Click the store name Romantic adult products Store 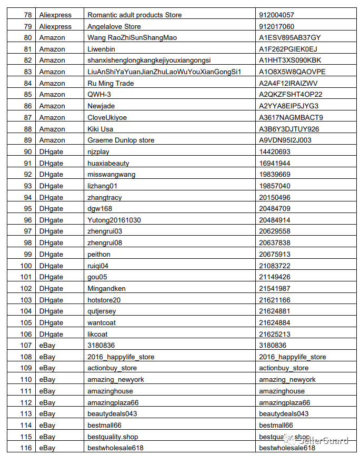pos(134,15)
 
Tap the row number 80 pos(28,37)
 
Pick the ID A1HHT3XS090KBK pos(289,60)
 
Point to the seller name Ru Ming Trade pos(111,83)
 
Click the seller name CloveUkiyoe pos(107,117)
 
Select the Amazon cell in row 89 pos(52,140)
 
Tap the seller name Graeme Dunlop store pos(121,140)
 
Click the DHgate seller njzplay pos(98,151)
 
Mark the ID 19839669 pos(274,174)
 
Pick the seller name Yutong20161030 pos(114,220)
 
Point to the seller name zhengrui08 pos(104,242)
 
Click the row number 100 pos(26,266)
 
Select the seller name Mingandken pos(106,288)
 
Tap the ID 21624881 pos(274,311)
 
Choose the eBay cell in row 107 pos(47,345)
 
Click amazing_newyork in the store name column pos(115,379)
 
